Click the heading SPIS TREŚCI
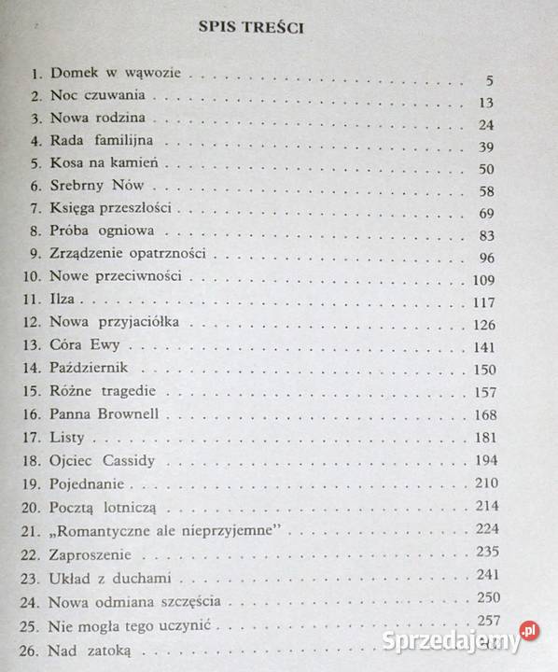click(x=254, y=28)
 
